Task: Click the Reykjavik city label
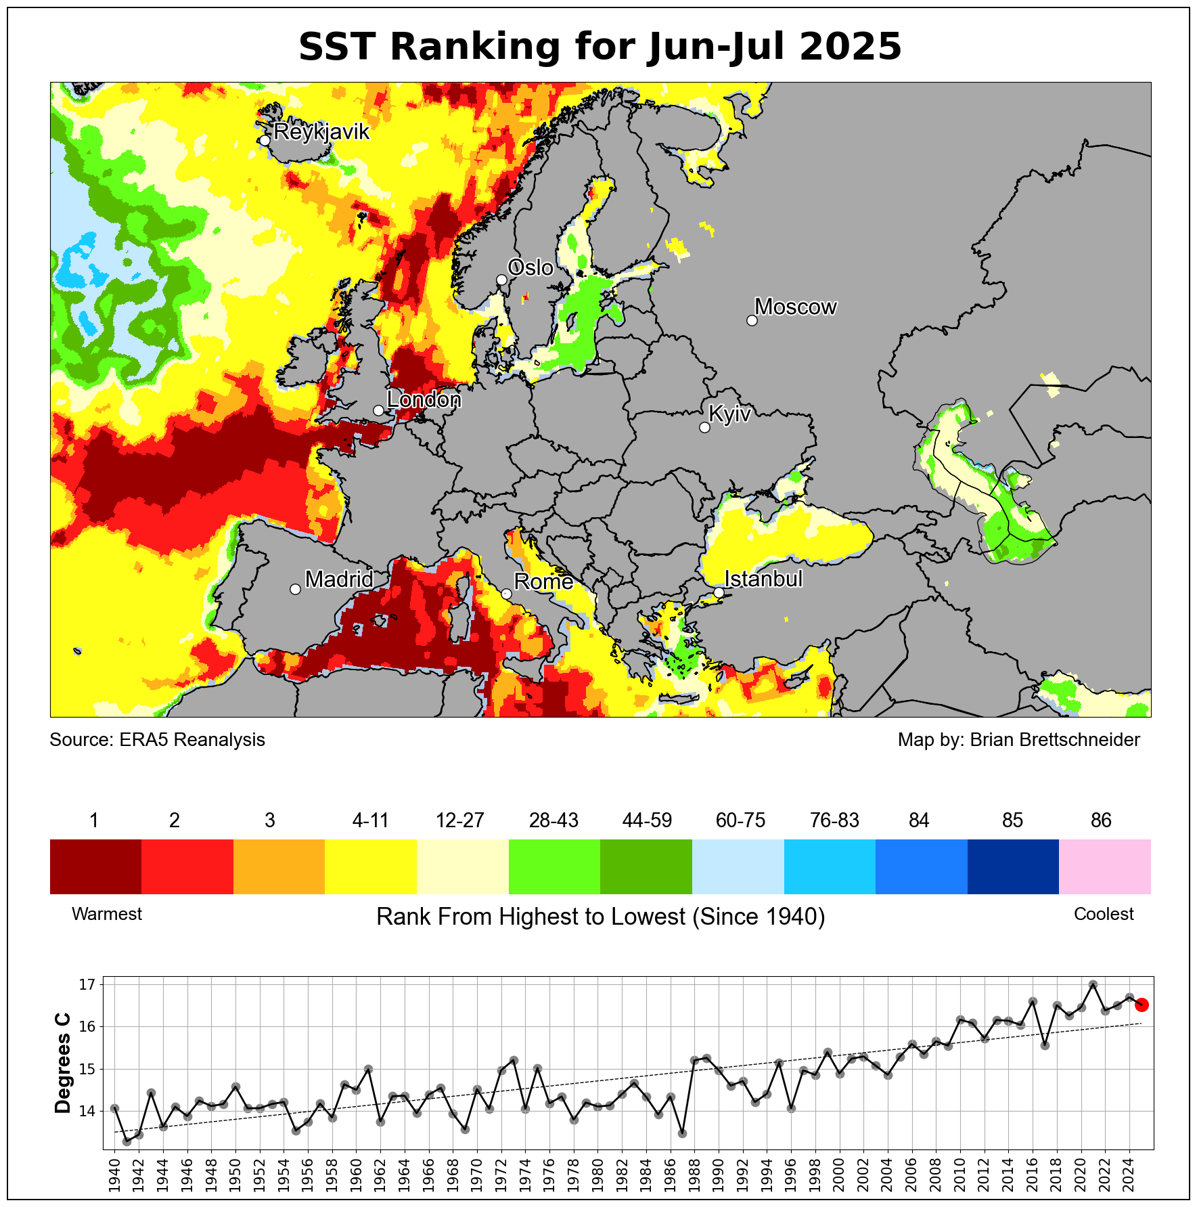[x=321, y=131]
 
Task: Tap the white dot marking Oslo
[x=501, y=280]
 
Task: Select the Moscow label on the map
[x=796, y=307]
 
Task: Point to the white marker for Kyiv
[x=704, y=427]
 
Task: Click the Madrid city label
[x=339, y=579]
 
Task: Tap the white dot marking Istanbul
[x=719, y=592]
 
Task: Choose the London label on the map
[x=424, y=400]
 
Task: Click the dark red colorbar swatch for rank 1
[x=95, y=866]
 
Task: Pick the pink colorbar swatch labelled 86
[x=1104, y=866]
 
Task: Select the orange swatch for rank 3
[x=279, y=866]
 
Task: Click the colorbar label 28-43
[x=554, y=820]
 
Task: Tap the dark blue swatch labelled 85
[x=1012, y=866]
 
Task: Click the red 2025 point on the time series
[x=1141, y=1005]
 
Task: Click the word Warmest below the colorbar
[x=107, y=914]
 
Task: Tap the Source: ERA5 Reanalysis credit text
[x=157, y=740]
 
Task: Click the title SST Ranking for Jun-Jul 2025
[x=600, y=47]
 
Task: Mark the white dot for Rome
[x=506, y=594]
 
